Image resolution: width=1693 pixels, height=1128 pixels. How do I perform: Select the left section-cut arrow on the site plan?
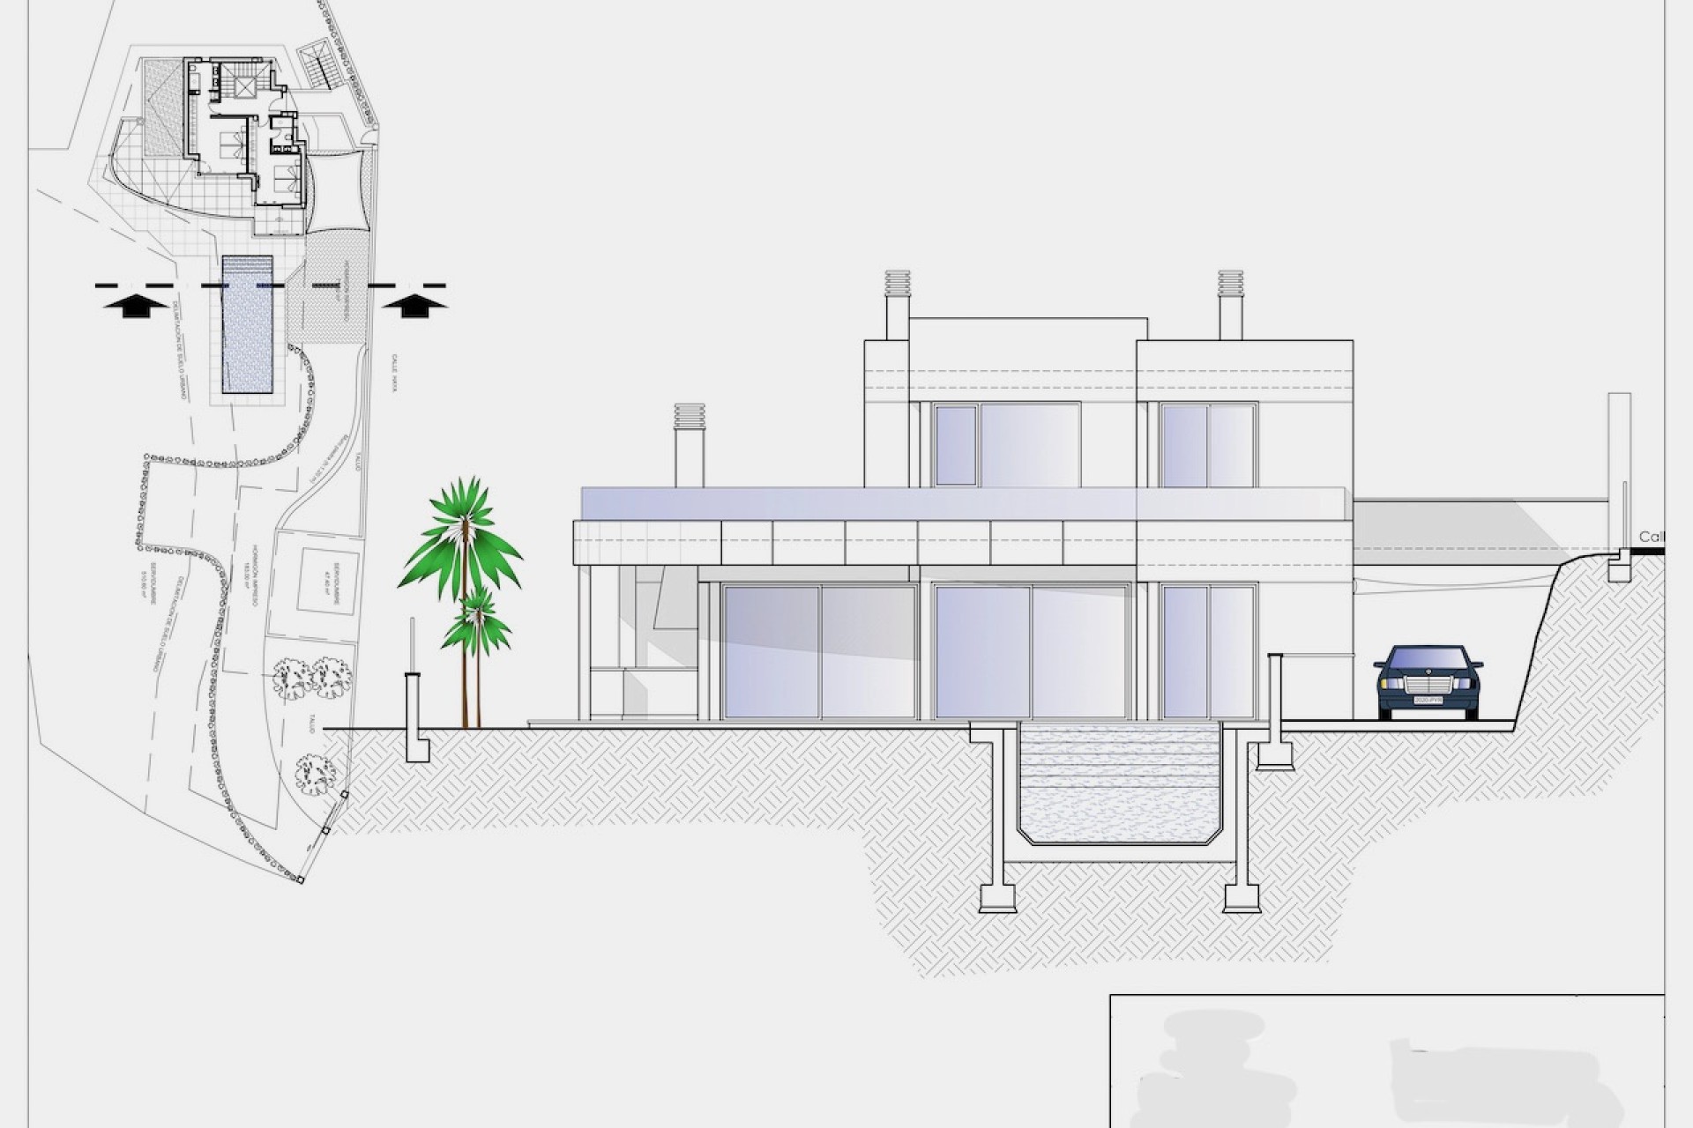tap(135, 306)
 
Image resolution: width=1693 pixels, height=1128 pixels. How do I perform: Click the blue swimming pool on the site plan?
tap(246, 324)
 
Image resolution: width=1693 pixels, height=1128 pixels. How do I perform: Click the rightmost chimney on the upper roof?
tap(1231, 304)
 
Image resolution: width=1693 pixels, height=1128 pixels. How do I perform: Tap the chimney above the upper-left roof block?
tap(898, 304)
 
